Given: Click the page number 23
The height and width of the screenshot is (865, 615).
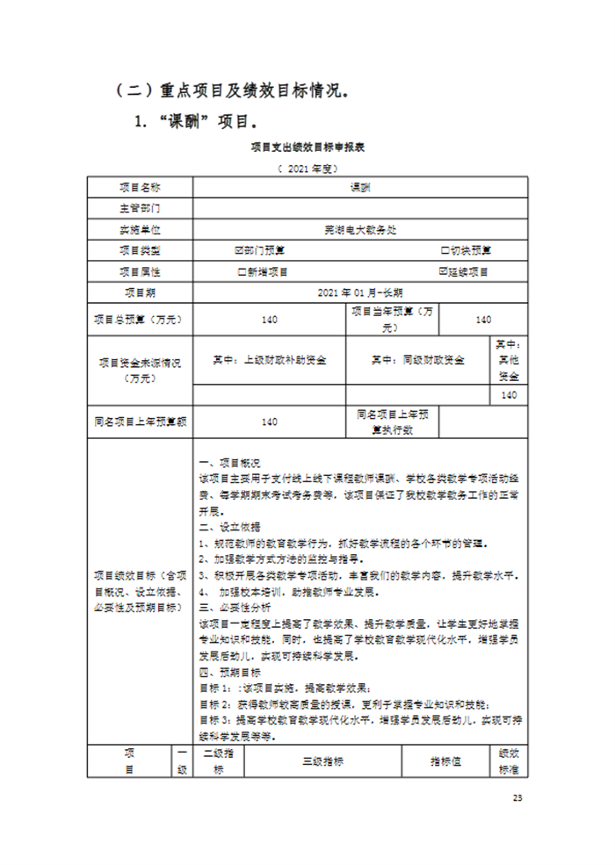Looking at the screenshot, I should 517,797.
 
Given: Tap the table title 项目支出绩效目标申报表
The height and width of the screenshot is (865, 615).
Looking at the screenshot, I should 307,148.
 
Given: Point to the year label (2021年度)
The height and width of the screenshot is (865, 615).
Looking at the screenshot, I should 307,167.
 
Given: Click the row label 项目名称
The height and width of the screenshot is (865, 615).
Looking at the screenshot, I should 140,187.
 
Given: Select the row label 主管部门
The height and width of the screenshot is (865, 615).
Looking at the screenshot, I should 140,208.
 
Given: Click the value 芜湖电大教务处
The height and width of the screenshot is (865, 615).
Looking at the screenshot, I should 361,229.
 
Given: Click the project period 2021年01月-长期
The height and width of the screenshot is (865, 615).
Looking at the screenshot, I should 361,292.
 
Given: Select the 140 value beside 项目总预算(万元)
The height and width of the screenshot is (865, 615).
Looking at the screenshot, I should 270,320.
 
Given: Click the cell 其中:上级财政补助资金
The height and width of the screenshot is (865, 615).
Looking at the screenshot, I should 270,359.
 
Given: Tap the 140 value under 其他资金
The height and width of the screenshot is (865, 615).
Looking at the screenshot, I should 509,395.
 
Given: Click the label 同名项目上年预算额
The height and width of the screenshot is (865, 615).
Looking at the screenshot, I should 140,422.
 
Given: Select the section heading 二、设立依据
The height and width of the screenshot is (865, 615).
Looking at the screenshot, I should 228,527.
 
